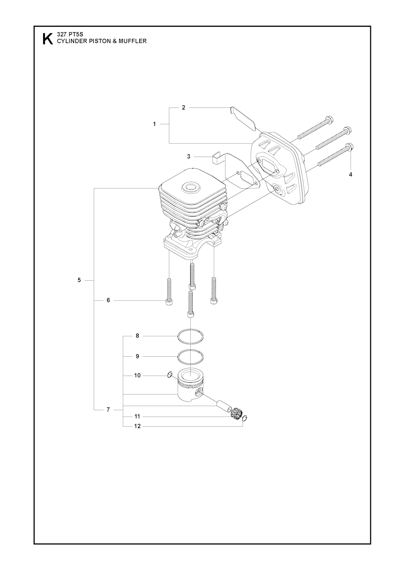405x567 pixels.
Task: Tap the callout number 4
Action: [x=350, y=174]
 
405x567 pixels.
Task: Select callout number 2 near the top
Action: [x=184, y=108]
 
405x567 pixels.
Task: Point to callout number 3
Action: [x=189, y=157]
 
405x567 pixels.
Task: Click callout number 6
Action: [x=108, y=300]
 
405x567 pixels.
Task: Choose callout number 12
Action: [x=137, y=426]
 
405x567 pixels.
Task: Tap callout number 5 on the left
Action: [x=79, y=280]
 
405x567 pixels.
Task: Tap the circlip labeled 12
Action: [x=245, y=419]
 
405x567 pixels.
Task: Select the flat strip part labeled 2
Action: [x=243, y=118]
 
